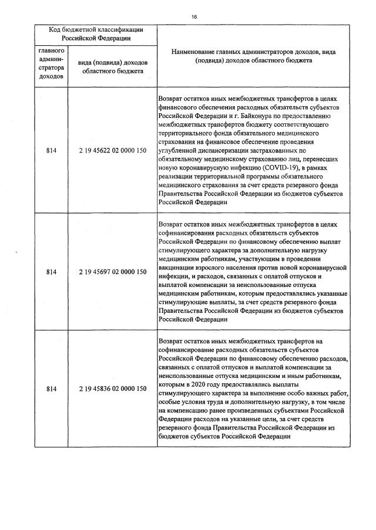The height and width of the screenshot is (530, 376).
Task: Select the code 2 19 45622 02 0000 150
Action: (x=112, y=151)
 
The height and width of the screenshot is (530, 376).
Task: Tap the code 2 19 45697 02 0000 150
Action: (x=112, y=272)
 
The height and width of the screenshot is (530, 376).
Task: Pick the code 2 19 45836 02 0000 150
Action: (x=112, y=389)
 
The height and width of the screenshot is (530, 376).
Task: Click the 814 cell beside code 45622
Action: (x=51, y=151)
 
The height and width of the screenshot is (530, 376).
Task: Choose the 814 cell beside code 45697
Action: (x=51, y=272)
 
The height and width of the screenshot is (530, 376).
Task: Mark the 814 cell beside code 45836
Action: (x=51, y=389)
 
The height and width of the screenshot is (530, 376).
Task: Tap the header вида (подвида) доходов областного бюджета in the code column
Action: (x=112, y=66)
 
